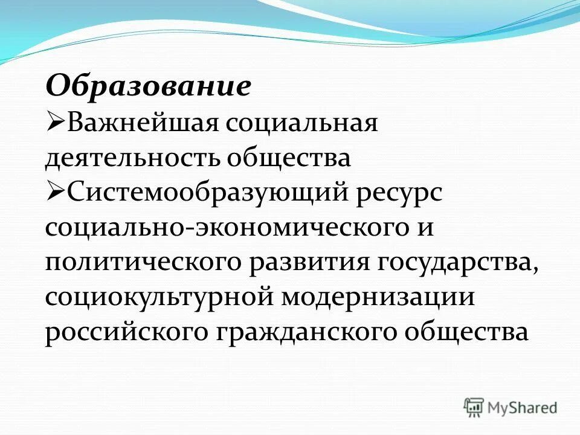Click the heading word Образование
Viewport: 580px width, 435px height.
pyautogui.click(x=147, y=86)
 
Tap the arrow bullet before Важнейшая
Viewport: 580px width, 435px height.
pyautogui.click(x=56, y=123)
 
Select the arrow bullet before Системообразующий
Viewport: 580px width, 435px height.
pyautogui.click(x=56, y=193)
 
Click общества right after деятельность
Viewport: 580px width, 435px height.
pyautogui.click(x=289, y=158)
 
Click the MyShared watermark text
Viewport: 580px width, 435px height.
pyautogui.click(x=523, y=407)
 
